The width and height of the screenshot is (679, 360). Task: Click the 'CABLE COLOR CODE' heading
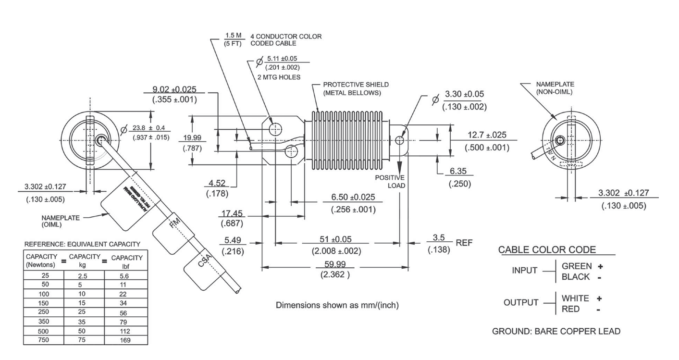pyautogui.click(x=547, y=249)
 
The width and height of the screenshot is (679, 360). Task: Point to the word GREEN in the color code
pyautogui.click(x=577, y=266)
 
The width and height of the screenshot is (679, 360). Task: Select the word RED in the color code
pyautogui.click(x=570, y=310)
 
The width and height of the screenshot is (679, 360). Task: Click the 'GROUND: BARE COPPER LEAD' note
pyautogui.click(x=556, y=331)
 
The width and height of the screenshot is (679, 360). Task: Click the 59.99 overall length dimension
pyautogui.click(x=334, y=264)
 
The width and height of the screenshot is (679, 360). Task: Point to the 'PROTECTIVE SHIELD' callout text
pyautogui.click(x=356, y=85)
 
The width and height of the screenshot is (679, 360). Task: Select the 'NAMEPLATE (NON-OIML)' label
pyautogui.click(x=555, y=87)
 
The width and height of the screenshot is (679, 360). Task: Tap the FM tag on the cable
pyautogui.click(x=175, y=224)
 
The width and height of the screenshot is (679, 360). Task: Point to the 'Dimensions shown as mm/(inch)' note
pyautogui.click(x=337, y=305)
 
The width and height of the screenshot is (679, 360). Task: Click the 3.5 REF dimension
pyautogui.click(x=438, y=238)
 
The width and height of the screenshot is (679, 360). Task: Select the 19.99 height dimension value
pyautogui.click(x=192, y=138)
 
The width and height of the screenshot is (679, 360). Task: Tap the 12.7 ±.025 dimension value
pyautogui.click(x=487, y=136)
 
